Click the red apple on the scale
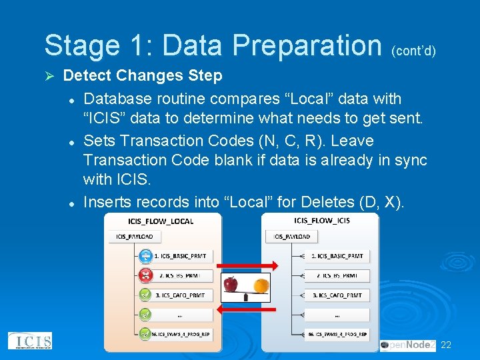(231, 284)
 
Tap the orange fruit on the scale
(261, 285)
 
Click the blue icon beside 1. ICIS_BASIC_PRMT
(145, 256)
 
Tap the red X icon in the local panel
(145, 275)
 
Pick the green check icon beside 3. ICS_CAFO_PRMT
(145, 295)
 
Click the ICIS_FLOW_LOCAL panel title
(161, 221)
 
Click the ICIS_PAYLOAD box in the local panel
(135, 236)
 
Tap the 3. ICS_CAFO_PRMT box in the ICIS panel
(337, 295)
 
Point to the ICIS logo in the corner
(30, 341)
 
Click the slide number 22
(446, 345)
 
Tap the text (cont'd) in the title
(413, 50)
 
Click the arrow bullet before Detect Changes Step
(48, 76)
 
